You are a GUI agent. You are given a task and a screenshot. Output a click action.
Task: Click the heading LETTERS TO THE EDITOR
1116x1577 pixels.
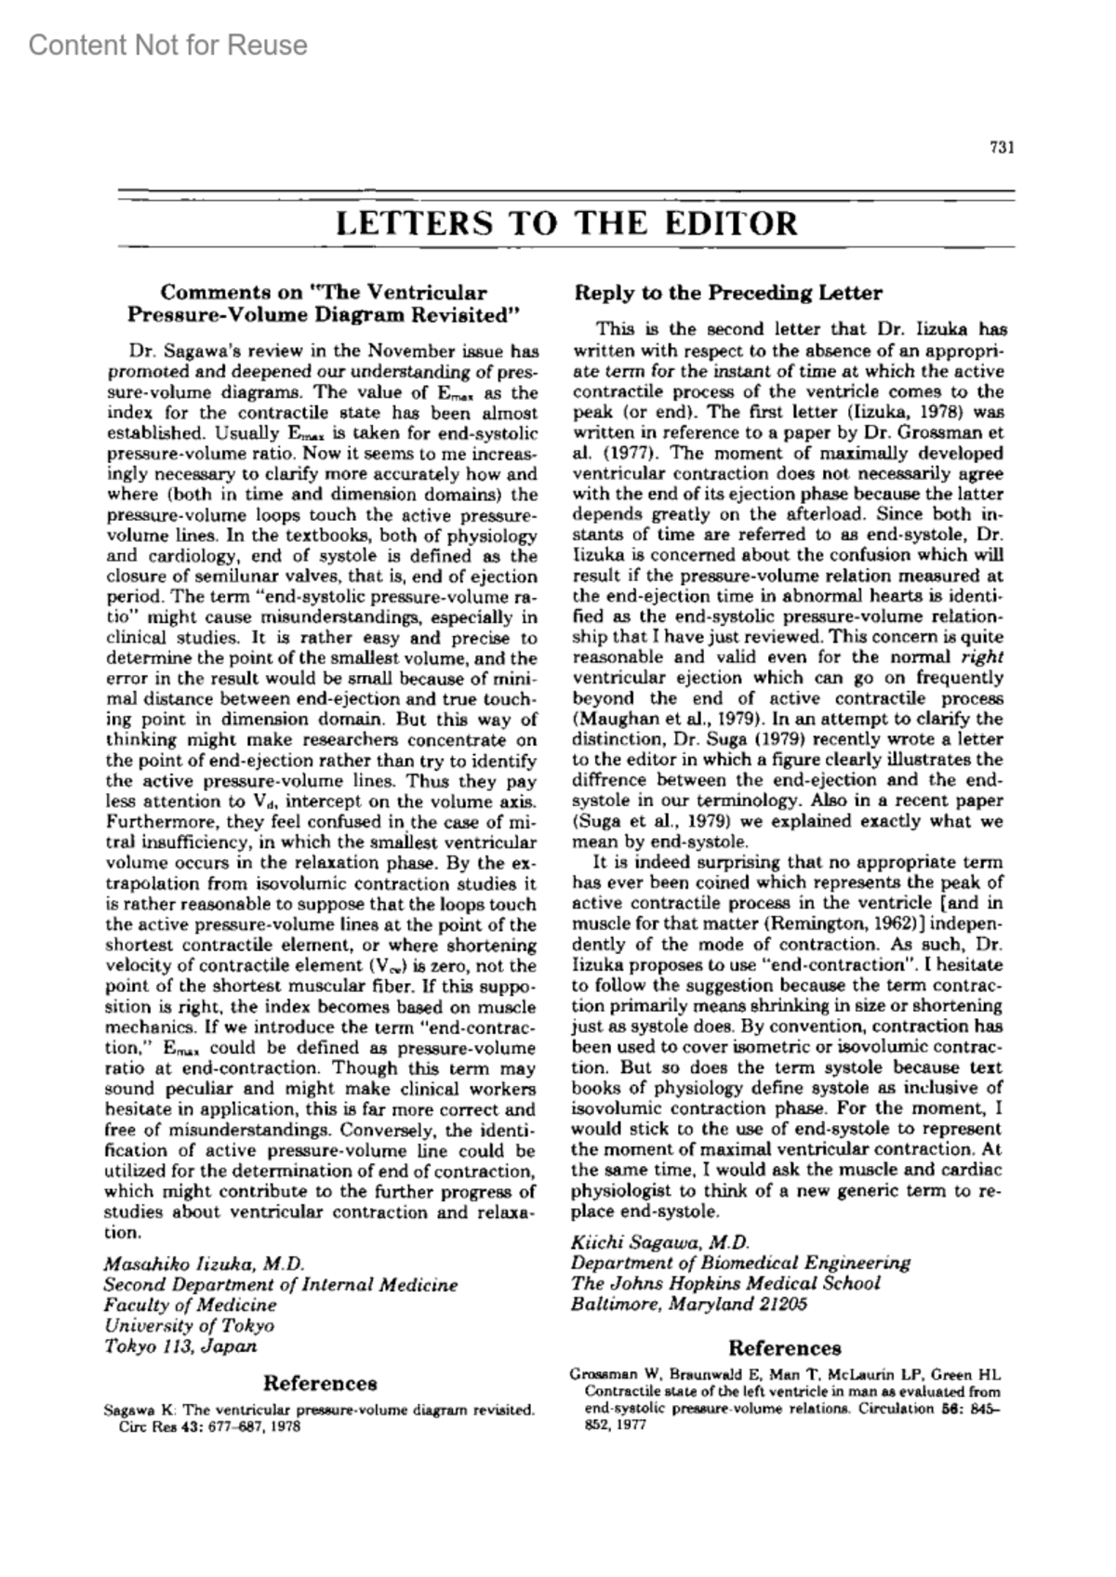tap(565, 224)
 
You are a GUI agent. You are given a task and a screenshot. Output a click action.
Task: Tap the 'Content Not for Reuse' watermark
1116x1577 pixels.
tap(168, 45)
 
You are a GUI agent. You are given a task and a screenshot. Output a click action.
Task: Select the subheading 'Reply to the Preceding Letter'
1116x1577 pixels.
tap(728, 293)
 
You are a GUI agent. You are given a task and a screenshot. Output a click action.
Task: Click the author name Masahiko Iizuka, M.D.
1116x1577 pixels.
tap(205, 1264)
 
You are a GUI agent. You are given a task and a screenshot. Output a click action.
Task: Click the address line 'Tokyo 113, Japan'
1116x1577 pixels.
tap(180, 1345)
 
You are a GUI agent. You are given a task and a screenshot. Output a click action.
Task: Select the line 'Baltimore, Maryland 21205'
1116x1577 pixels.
tap(689, 1304)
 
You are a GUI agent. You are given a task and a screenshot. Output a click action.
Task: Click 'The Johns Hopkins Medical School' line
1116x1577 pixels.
tap(725, 1283)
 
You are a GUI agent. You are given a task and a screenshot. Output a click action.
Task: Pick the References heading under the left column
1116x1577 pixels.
tap(321, 1384)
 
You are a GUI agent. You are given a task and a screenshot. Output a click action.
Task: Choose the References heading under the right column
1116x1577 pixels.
tap(784, 1348)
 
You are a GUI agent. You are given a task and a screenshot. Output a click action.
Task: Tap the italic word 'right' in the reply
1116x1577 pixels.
tap(984, 657)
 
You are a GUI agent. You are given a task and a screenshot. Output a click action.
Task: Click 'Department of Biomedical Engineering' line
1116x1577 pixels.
tap(740, 1263)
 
